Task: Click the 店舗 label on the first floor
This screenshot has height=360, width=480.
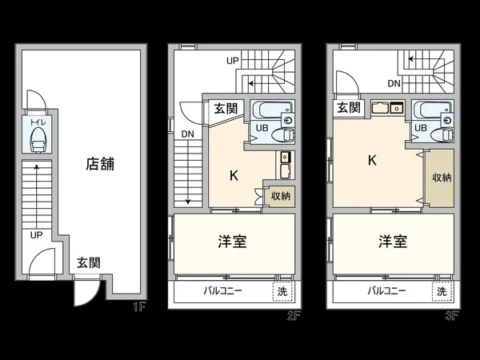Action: pyautogui.click(x=101, y=166)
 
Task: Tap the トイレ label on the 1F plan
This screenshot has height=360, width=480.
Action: pyautogui.click(x=36, y=124)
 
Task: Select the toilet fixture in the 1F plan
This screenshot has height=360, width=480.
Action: pyautogui.click(x=37, y=142)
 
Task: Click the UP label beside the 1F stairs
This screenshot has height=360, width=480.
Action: pyautogui.click(x=37, y=236)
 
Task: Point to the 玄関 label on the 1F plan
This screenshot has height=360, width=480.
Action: pyautogui.click(x=89, y=262)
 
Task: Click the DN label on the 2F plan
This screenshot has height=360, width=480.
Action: pyautogui.click(x=187, y=134)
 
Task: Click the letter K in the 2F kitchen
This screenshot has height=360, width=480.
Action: pyautogui.click(x=234, y=174)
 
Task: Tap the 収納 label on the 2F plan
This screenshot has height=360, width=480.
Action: pyautogui.click(x=280, y=196)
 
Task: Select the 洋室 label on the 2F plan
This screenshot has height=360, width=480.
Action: pyautogui.click(x=233, y=242)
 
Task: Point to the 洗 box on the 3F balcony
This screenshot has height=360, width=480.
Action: pyautogui.click(x=442, y=291)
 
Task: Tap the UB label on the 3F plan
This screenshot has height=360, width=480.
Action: pyautogui.click(x=419, y=127)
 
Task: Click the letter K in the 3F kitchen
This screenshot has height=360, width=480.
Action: pyautogui.click(x=372, y=159)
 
